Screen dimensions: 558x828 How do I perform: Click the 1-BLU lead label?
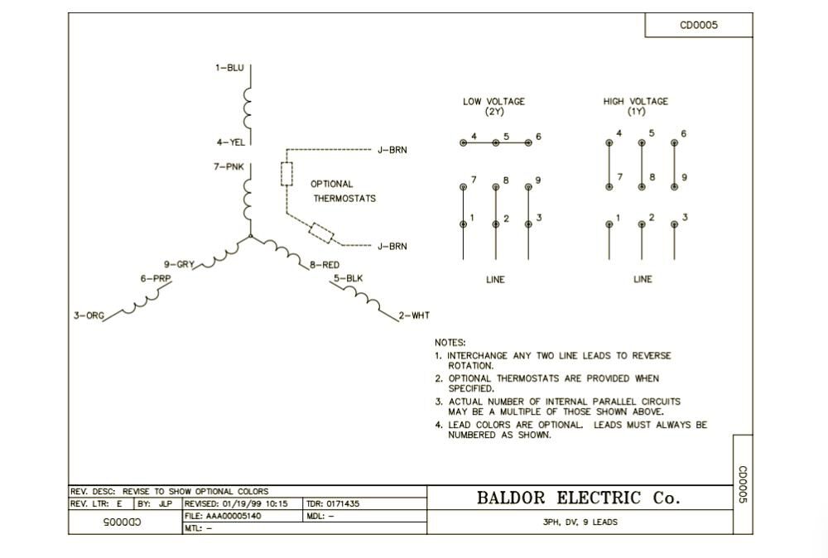(x=229, y=68)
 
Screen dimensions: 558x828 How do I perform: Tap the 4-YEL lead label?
(x=230, y=142)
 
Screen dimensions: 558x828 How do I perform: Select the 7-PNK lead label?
(x=228, y=167)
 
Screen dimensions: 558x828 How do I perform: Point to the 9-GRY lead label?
(x=179, y=265)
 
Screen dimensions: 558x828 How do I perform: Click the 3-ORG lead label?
(x=89, y=315)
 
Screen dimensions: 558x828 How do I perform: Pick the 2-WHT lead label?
(x=414, y=315)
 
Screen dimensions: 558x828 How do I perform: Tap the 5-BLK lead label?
(x=349, y=279)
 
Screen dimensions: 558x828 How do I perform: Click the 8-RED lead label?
(x=325, y=265)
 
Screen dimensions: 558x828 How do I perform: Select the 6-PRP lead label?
(x=156, y=279)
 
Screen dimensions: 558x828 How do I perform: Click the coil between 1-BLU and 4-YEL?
(x=248, y=105)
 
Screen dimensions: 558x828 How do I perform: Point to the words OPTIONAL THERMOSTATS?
(x=343, y=191)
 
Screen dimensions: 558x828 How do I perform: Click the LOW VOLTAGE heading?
(x=493, y=106)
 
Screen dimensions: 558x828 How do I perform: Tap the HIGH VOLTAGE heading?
(x=635, y=106)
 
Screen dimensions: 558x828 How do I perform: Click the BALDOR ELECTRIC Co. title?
(x=578, y=498)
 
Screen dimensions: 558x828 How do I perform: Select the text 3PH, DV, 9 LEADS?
(x=580, y=522)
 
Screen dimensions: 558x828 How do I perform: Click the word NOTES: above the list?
(x=450, y=342)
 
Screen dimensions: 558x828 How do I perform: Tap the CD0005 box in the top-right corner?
(x=699, y=25)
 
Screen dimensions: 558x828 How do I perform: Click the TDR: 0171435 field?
(x=332, y=503)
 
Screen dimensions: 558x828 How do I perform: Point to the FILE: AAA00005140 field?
(x=223, y=516)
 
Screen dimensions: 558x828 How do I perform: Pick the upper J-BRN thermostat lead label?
(x=392, y=150)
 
